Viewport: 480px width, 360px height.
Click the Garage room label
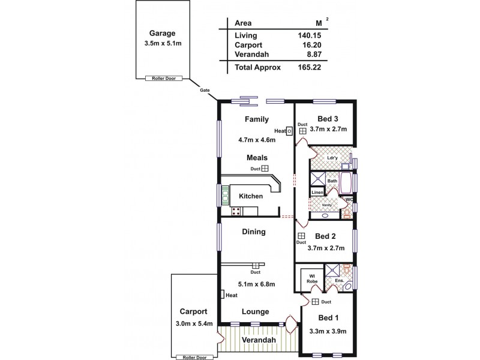tap(163, 34)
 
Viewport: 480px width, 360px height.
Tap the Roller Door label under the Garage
tap(163, 78)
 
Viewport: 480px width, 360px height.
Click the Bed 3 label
tap(328, 119)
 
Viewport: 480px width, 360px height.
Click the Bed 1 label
tap(328, 317)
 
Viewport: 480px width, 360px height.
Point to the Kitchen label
tap(251, 196)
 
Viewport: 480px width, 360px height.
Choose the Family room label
tap(256, 119)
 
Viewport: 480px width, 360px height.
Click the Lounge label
tap(255, 311)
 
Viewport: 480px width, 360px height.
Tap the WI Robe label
tap(312, 279)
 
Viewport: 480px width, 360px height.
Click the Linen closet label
tap(317, 192)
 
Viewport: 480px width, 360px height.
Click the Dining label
tap(253, 232)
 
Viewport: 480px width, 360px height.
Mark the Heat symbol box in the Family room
tap(289, 131)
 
